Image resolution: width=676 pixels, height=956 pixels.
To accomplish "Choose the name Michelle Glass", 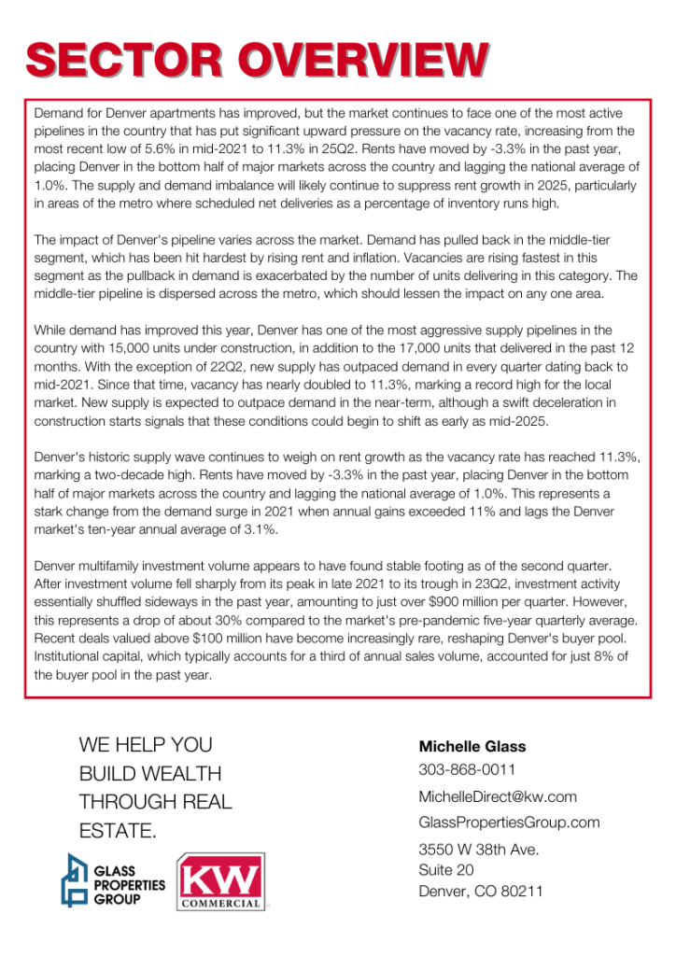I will click(x=472, y=746).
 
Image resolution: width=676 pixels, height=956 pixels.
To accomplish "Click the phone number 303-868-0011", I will click(x=467, y=770).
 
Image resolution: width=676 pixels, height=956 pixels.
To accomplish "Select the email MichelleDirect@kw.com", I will click(x=497, y=796).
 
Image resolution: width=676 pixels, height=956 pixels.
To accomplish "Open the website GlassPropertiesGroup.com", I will click(x=509, y=822).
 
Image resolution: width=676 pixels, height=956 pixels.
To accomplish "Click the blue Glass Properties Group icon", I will click(x=76, y=879).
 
